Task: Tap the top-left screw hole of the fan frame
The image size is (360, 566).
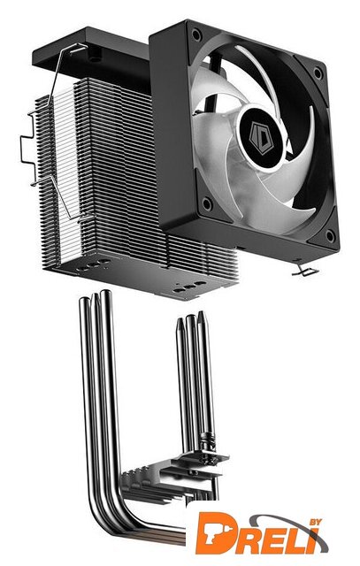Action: coord(196,34)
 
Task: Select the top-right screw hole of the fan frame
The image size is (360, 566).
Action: coord(318,73)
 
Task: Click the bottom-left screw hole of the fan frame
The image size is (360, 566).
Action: coord(207,204)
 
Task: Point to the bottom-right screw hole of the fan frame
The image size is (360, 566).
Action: coord(330,236)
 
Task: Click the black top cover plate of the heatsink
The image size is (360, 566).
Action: coord(90,54)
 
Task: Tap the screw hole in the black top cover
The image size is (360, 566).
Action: coord(95,57)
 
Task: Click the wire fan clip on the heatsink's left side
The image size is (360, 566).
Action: coord(54,137)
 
